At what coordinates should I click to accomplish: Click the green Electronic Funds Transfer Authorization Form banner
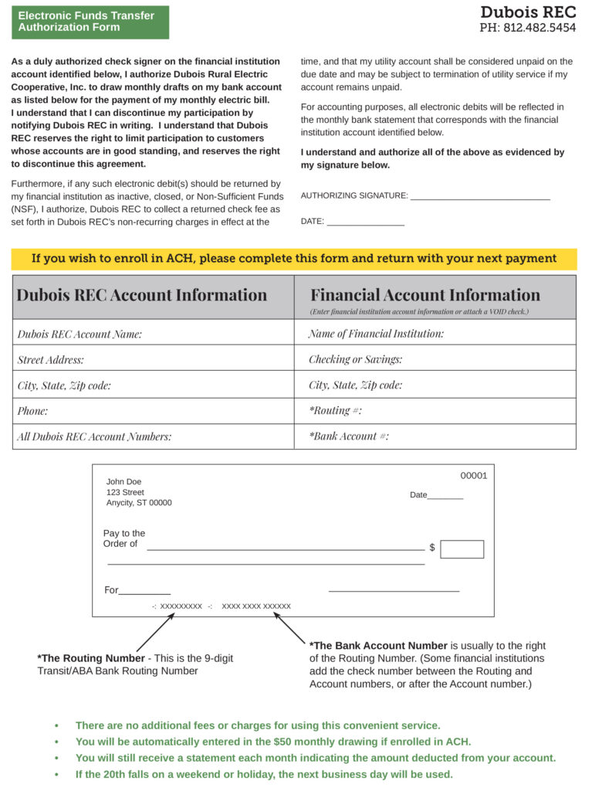click(x=90, y=22)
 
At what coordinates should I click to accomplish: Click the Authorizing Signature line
click(x=479, y=195)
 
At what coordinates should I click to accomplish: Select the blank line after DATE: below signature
click(x=365, y=222)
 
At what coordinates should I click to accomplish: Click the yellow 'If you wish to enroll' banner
click(x=294, y=259)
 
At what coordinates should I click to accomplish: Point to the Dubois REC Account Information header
click(x=142, y=295)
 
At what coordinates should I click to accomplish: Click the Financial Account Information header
click(x=425, y=295)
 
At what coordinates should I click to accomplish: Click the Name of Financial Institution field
click(x=435, y=334)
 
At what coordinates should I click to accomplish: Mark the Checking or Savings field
click(x=435, y=359)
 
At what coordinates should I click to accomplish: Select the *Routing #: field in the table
click(x=435, y=411)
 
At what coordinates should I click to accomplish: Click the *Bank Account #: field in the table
click(x=435, y=436)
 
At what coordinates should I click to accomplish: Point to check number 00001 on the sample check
click(x=473, y=476)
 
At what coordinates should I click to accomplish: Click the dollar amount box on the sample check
click(x=462, y=549)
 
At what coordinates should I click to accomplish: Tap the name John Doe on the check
click(x=124, y=482)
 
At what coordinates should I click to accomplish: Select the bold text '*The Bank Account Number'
click(x=378, y=646)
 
